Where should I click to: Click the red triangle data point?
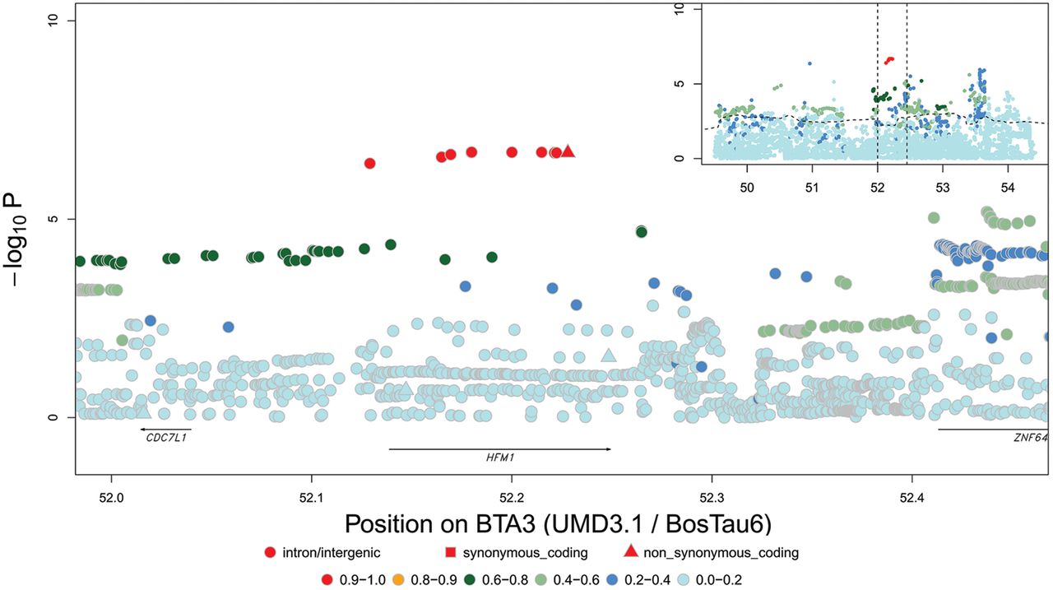click(x=568, y=151)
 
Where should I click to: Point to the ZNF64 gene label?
click(x=1031, y=437)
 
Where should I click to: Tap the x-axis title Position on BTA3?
click(x=560, y=524)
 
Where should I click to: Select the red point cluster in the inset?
click(x=888, y=60)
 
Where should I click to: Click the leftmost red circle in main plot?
click(x=369, y=164)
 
